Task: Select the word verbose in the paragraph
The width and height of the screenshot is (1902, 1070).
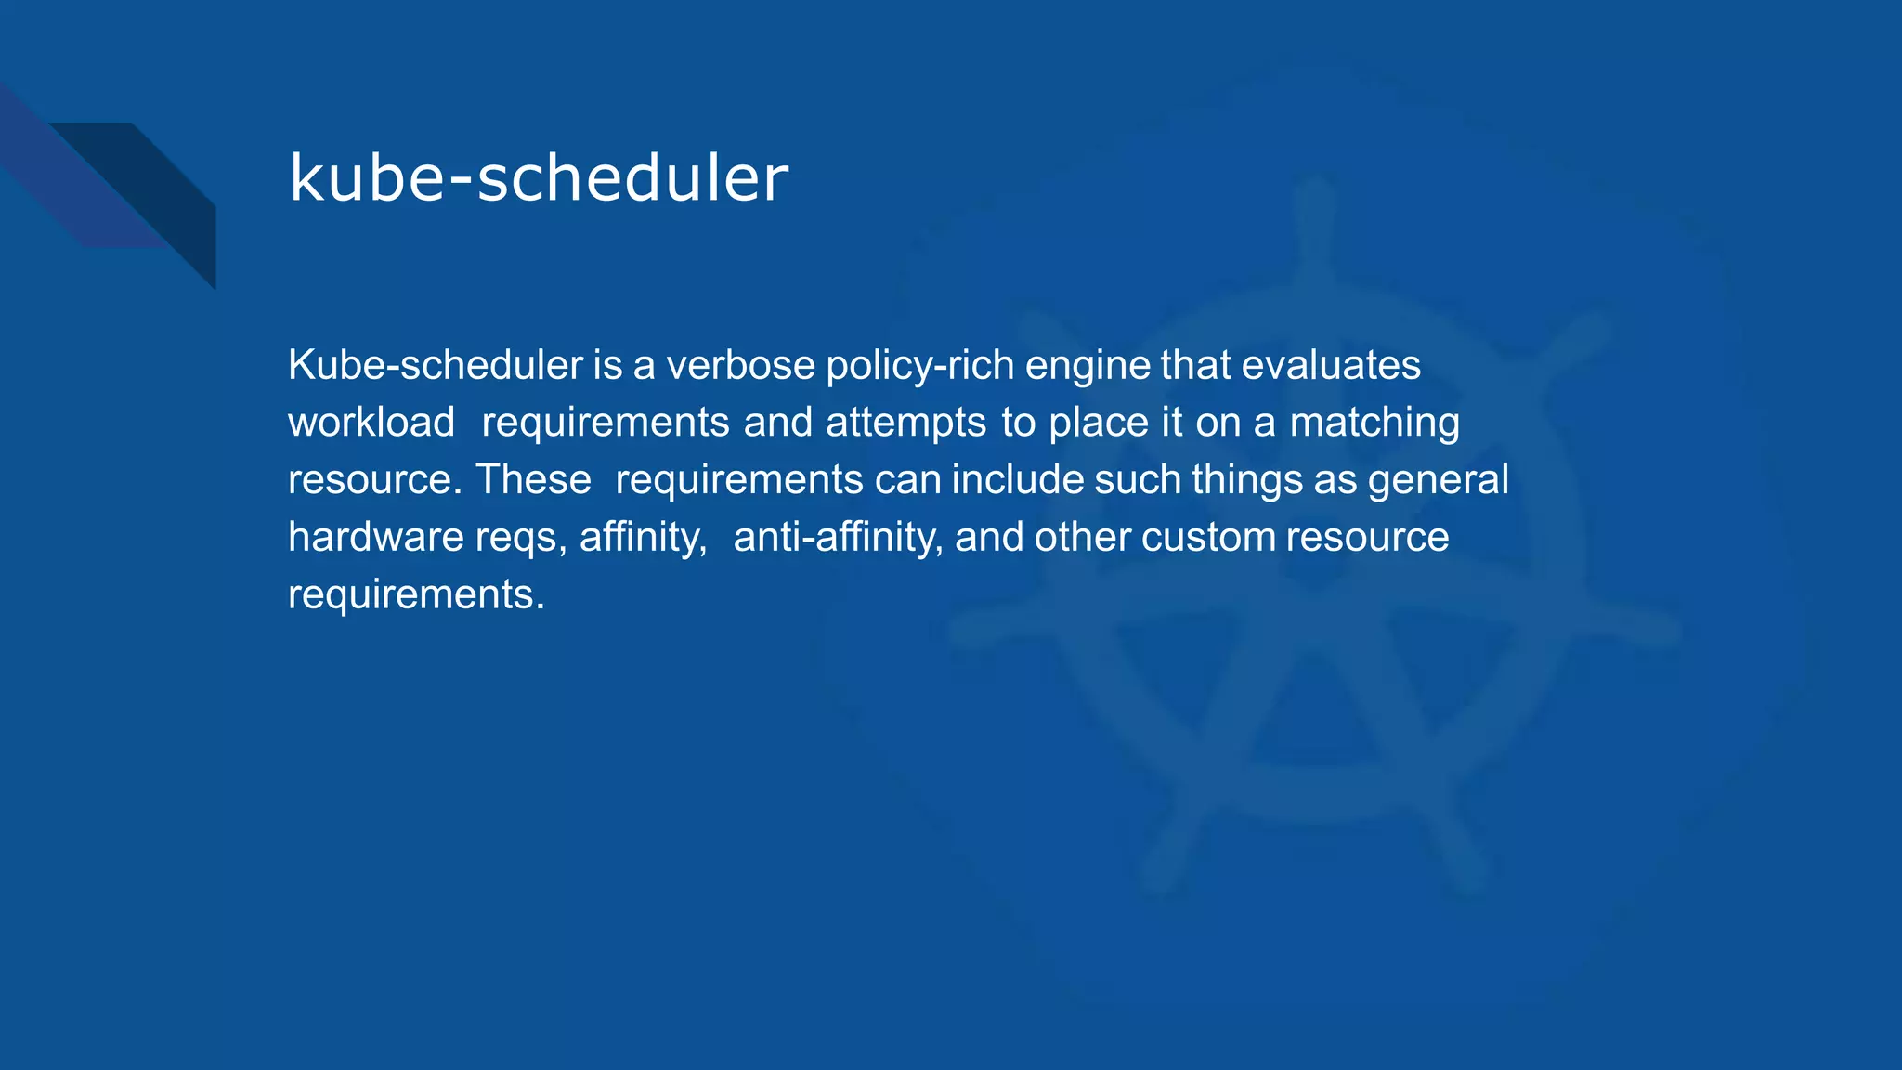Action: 740,365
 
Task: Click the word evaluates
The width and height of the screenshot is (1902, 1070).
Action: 1331,365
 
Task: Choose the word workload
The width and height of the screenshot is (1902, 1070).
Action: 371,423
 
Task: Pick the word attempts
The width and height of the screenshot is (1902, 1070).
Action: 905,423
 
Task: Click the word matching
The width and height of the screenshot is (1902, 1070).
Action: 1374,423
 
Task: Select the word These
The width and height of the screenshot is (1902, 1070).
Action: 533,480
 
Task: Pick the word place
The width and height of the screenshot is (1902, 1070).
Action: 1099,423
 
